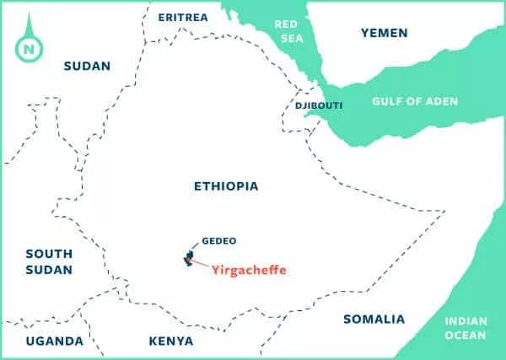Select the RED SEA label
tap(287, 31)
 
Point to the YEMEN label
tap(384, 33)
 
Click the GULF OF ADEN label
tap(415, 102)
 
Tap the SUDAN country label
tap(87, 66)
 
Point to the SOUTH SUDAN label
tap(49, 261)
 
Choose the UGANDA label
tap(55, 341)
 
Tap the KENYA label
tap(170, 341)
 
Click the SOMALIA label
tap(374, 320)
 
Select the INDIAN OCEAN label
tap(466, 328)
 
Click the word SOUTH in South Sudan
tap(49, 253)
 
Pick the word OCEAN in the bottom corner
tap(466, 336)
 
